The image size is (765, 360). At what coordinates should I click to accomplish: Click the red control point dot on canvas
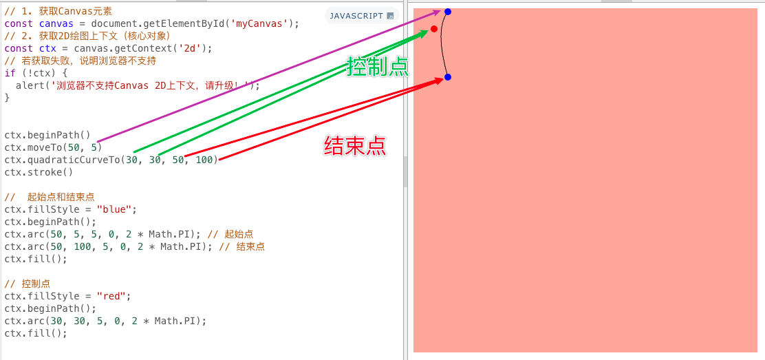[x=434, y=29]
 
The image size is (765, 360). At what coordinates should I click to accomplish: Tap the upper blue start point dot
[x=448, y=12]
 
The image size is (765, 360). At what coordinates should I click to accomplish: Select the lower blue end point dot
[x=448, y=77]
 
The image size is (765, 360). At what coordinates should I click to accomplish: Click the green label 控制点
[x=378, y=66]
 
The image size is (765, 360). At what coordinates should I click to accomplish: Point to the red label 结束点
[x=355, y=146]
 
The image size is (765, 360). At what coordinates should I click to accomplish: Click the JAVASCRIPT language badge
[x=360, y=16]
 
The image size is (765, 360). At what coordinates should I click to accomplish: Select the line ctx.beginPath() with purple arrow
[x=47, y=135]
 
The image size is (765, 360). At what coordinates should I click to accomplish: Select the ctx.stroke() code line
[x=39, y=172]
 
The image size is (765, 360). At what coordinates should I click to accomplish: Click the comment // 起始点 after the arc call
[x=230, y=234]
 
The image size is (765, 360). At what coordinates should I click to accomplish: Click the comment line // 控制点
[x=28, y=284]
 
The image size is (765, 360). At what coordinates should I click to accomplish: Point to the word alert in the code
[x=30, y=85]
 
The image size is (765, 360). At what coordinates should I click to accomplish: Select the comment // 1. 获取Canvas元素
[x=58, y=11]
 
